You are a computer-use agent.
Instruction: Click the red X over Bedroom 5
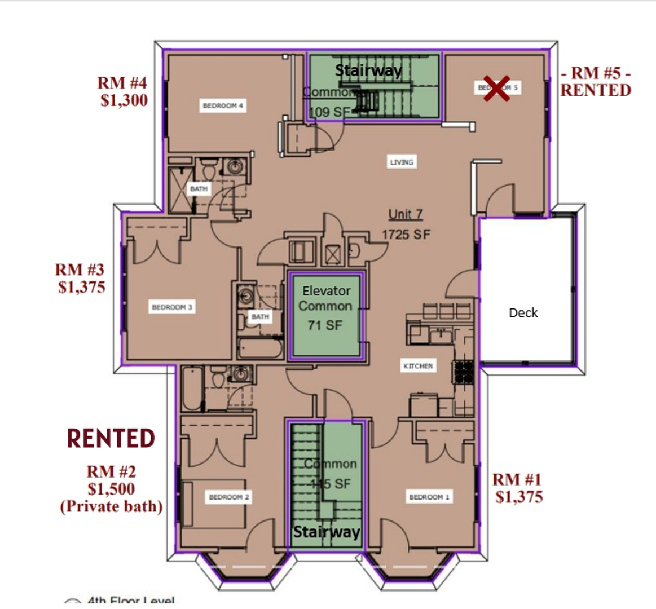pyautogui.click(x=496, y=89)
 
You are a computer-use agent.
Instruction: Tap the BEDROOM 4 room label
pyautogui.click(x=223, y=105)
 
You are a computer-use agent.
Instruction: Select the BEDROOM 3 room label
pyautogui.click(x=172, y=307)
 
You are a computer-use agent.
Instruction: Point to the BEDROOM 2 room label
pyautogui.click(x=228, y=497)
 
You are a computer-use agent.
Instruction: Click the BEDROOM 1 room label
pyautogui.click(x=429, y=497)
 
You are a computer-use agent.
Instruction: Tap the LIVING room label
pyautogui.click(x=402, y=162)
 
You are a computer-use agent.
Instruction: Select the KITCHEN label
pyautogui.click(x=418, y=366)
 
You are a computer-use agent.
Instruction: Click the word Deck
pyautogui.click(x=523, y=313)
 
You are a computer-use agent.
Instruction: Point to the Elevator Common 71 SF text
pyautogui.click(x=325, y=307)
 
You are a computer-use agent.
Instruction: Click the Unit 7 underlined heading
pyautogui.click(x=405, y=214)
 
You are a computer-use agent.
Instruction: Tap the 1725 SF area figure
pyautogui.click(x=406, y=234)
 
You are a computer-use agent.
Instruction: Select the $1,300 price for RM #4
pyautogui.click(x=124, y=100)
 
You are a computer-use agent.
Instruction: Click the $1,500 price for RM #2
pyautogui.click(x=111, y=489)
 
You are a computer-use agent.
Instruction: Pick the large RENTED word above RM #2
pyautogui.click(x=111, y=438)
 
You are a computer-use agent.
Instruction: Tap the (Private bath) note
pyautogui.click(x=111, y=506)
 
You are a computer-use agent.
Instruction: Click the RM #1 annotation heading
pyautogui.click(x=517, y=479)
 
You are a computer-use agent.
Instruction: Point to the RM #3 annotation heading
pyautogui.click(x=80, y=270)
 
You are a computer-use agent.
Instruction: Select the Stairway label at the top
pyautogui.click(x=368, y=70)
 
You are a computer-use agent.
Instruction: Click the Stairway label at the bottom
pyautogui.click(x=327, y=532)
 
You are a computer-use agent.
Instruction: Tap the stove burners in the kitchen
pyautogui.click(x=464, y=372)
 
